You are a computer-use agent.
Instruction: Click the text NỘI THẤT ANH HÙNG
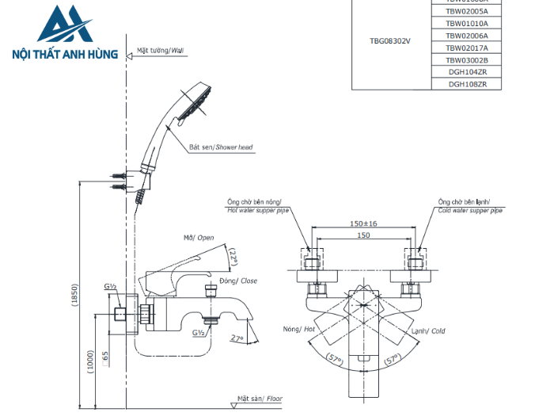[x=66, y=55]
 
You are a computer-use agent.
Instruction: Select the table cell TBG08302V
[x=390, y=40]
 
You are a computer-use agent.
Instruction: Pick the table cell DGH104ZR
[x=467, y=71]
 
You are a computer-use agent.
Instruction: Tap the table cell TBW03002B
[x=467, y=59]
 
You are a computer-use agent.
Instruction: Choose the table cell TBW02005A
[x=467, y=12]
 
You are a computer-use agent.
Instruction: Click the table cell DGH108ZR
[x=467, y=83]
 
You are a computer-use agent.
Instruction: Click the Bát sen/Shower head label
[x=221, y=147]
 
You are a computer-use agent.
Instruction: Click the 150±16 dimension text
[x=363, y=223]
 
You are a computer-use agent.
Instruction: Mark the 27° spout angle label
[x=237, y=338]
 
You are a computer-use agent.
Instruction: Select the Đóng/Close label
[x=238, y=281]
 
